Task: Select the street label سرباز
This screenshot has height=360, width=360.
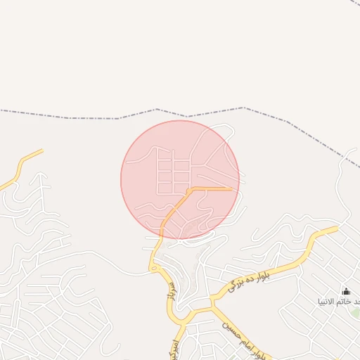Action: click(x=168, y=288)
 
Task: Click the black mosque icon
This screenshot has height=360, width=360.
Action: click(x=345, y=291)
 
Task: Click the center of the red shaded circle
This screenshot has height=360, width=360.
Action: click(x=180, y=180)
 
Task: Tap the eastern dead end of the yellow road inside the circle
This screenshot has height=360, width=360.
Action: click(x=231, y=188)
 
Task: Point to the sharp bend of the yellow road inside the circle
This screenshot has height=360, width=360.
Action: click(x=191, y=189)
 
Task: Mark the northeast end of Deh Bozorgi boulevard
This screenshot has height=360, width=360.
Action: click(x=336, y=228)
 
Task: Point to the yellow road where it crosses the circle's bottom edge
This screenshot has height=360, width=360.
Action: click(x=163, y=236)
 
